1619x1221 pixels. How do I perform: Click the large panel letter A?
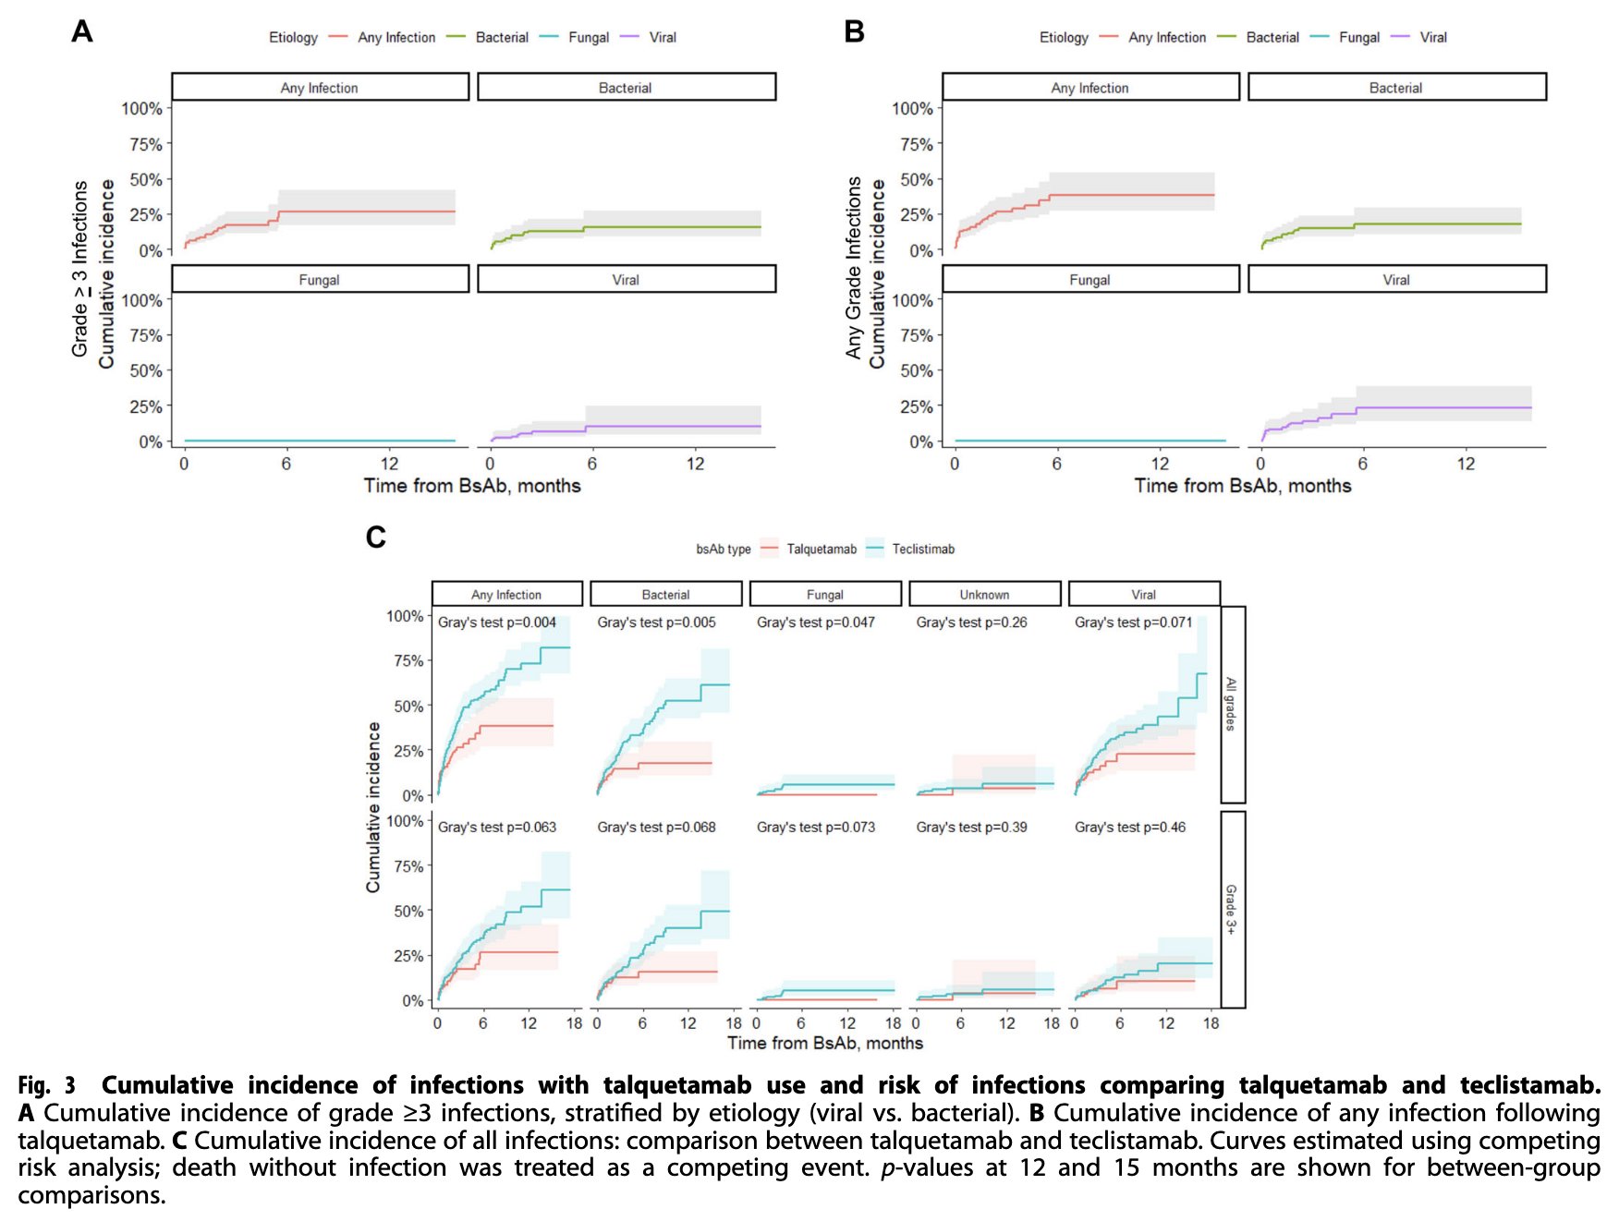[82, 31]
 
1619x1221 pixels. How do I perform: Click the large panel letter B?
[854, 31]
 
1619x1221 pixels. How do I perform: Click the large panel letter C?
[375, 537]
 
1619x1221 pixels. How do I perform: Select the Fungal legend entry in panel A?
[588, 38]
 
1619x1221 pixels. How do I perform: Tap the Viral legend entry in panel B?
[1432, 38]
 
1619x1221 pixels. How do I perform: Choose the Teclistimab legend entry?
[922, 550]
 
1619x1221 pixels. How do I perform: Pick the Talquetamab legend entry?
[821, 550]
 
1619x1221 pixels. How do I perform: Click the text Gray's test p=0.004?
[497, 623]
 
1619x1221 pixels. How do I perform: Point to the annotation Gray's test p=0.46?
[1129, 828]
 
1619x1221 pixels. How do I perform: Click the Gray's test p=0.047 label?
[815, 623]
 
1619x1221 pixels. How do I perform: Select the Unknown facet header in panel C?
[984, 595]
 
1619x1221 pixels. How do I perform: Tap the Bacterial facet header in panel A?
[626, 88]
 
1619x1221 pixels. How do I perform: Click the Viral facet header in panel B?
[1396, 280]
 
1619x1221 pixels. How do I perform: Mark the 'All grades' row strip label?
[1232, 704]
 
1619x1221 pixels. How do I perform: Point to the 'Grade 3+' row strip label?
[1232, 909]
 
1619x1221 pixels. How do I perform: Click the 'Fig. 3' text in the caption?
[46, 1085]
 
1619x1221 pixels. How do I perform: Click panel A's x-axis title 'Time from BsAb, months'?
[472, 486]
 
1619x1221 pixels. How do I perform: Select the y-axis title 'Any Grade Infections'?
[853, 268]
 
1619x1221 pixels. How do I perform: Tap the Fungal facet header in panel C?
[824, 595]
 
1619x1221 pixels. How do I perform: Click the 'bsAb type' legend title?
[723, 550]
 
